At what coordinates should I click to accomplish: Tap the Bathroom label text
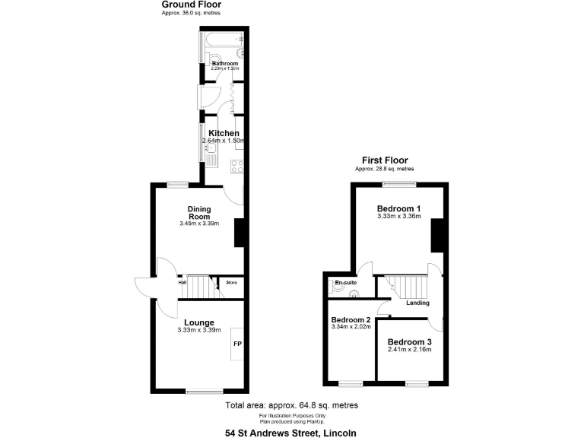point(224,64)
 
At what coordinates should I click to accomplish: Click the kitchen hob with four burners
point(238,165)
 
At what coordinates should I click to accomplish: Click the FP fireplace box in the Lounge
point(237,344)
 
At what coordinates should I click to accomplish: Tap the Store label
point(231,283)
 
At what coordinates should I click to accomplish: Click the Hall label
point(182,283)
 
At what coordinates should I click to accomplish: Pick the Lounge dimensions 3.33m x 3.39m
point(198,330)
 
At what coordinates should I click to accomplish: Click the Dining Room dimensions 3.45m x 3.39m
point(199,224)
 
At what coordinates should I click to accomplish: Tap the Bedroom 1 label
point(399,208)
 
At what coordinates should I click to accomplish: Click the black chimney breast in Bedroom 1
point(437,235)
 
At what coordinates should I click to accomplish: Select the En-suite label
point(345,283)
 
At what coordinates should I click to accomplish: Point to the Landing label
point(417,303)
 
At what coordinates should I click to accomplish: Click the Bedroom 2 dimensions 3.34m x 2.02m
point(351,327)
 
